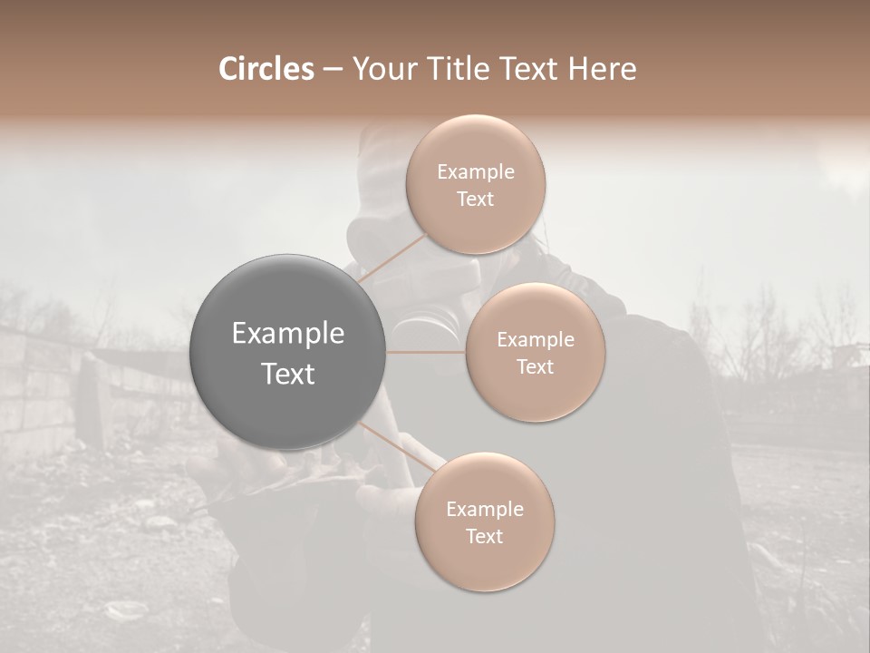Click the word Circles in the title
point(267,69)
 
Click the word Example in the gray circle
point(288,334)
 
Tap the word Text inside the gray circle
point(288,374)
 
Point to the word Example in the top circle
point(476,172)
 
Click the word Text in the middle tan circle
point(536,367)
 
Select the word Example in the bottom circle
point(484,510)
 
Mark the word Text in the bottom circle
point(484,536)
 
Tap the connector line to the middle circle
point(426,352)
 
